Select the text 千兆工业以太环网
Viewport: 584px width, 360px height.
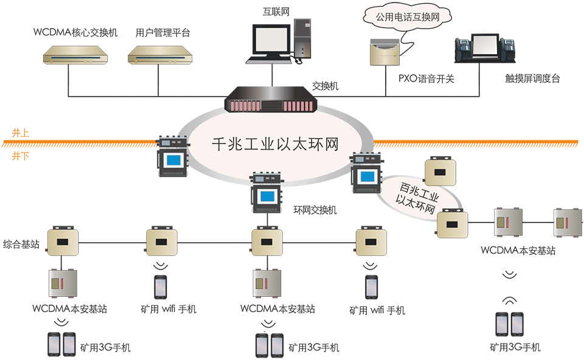(x=274, y=144)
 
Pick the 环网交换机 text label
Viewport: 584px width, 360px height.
(x=315, y=210)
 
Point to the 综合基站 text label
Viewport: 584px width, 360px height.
(x=21, y=244)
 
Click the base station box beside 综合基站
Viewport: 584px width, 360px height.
(x=61, y=241)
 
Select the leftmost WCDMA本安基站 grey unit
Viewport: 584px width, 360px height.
(x=61, y=284)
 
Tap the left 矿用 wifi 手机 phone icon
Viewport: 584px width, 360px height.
(x=160, y=286)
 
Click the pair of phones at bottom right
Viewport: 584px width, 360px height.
(x=510, y=325)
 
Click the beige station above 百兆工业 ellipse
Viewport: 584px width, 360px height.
(x=442, y=171)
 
